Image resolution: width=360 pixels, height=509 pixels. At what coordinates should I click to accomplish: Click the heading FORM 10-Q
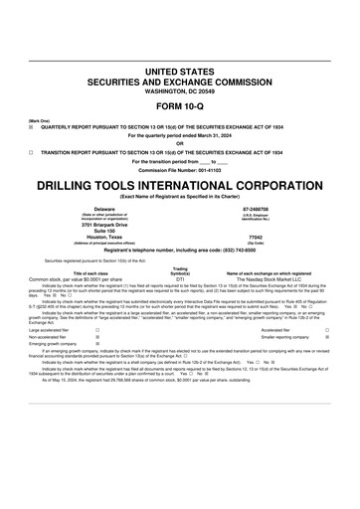click(x=179, y=104)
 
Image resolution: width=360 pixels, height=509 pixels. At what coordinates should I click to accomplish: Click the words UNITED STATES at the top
click(x=179, y=73)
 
